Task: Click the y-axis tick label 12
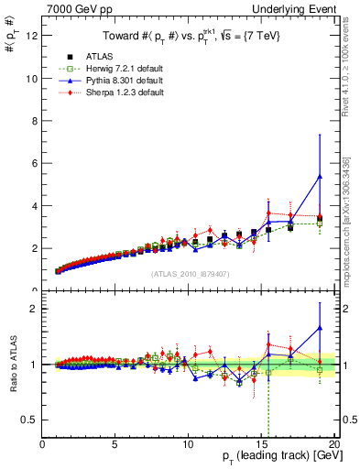click(x=31, y=36)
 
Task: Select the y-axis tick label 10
click(x=31, y=79)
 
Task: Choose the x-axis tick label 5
click(x=115, y=445)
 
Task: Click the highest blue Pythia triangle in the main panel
click(x=319, y=177)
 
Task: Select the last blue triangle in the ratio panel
click(x=319, y=328)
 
